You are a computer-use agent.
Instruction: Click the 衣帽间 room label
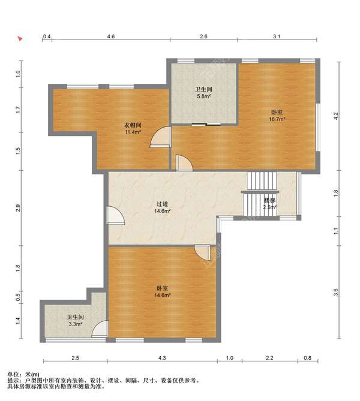133,125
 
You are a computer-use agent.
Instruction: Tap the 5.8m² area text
204,97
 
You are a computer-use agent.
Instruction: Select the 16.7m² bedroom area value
277,119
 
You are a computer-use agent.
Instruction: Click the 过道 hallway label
163,204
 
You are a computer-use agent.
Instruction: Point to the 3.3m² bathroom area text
75,324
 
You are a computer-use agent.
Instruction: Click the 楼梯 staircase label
269,200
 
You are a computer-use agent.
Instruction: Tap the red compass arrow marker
20,39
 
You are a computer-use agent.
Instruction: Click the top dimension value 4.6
111,37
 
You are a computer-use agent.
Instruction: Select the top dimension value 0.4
47,37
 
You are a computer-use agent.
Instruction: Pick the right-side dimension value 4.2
336,116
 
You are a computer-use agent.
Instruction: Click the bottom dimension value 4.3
162,358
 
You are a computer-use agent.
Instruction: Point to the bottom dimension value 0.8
308,358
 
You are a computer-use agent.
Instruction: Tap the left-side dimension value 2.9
17,208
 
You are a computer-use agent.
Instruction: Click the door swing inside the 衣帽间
160,137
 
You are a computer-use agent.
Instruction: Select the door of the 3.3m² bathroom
100,329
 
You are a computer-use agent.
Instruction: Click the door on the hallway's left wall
115,215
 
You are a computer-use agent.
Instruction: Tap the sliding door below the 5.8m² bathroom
206,125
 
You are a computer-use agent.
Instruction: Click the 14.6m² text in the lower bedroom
163,295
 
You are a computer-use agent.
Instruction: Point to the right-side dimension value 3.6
336,292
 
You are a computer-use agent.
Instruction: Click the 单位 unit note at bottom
23,375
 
